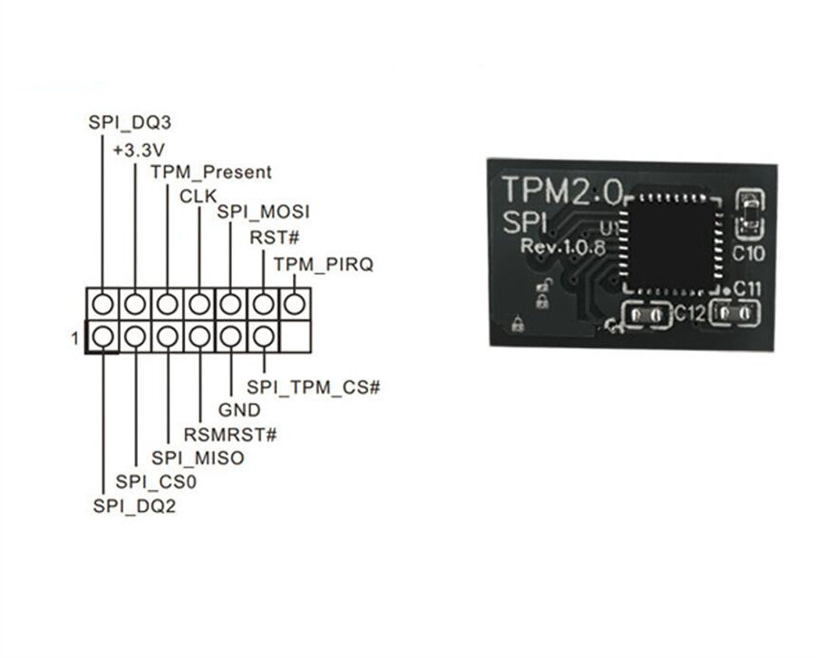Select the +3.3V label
pyautogui.click(x=138, y=149)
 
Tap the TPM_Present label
pyautogui.click(x=210, y=172)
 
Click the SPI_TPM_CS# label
pyautogui.click(x=313, y=388)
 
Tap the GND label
pyautogui.click(x=239, y=410)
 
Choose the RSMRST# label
pyautogui.click(x=230, y=434)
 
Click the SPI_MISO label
pyautogui.click(x=198, y=458)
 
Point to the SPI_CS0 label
pyautogui.click(x=156, y=482)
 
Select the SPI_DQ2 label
pyautogui.click(x=134, y=506)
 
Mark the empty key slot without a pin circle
pyautogui.click(x=295, y=337)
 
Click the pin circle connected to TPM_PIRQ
pyautogui.click(x=295, y=303)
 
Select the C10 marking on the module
pyautogui.click(x=750, y=254)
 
